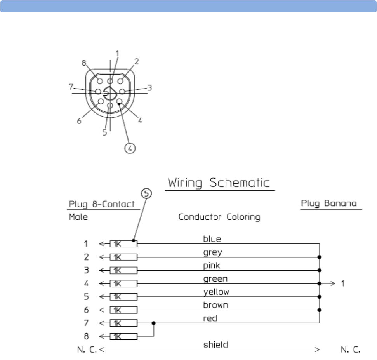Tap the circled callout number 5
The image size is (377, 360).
tap(146, 194)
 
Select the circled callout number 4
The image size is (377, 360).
tap(131, 148)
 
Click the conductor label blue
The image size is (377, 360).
tap(212, 239)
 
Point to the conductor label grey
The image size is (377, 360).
tap(213, 252)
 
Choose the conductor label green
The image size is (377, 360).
tap(215, 279)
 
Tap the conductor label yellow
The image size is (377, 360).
tap(216, 292)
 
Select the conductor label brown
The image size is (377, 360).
tap(215, 305)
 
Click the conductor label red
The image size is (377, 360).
tap(210, 318)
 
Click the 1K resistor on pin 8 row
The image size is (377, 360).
tap(123, 336)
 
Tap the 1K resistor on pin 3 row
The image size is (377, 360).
tap(123, 270)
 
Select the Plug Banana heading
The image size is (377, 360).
tap(329, 203)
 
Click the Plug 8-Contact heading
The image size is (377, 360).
tap(102, 204)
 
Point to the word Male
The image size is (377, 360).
tap(78, 217)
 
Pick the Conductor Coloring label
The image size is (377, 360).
tap(219, 217)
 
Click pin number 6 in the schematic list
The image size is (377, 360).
tap(87, 310)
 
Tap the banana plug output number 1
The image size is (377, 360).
tap(342, 283)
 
